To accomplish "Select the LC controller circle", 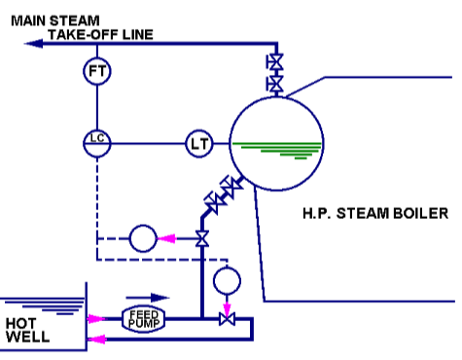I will pos(95,142).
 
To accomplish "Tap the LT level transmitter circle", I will pos(198,144).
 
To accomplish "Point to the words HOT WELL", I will pos(24,330).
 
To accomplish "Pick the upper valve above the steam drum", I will pos(275,64).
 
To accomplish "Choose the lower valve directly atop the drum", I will pos(275,86).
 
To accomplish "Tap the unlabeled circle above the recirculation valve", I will pos(227,279).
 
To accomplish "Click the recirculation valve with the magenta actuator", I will pos(227,318).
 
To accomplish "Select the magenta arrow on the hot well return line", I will pos(95,339).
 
